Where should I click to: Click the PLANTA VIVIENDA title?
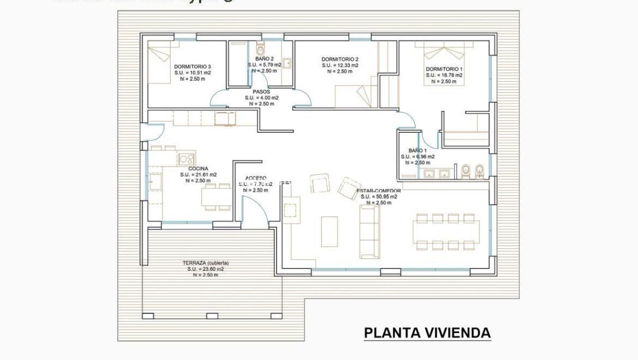[427, 333]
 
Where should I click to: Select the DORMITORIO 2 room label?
[340, 59]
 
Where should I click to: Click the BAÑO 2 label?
[264, 59]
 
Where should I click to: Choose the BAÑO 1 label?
[417, 150]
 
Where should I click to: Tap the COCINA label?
[198, 168]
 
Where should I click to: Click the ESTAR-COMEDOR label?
[379, 190]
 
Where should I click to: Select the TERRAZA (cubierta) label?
[205, 263]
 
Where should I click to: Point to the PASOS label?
[261, 91]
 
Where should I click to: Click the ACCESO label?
[255, 178]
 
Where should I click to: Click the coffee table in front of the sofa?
[330, 231]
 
